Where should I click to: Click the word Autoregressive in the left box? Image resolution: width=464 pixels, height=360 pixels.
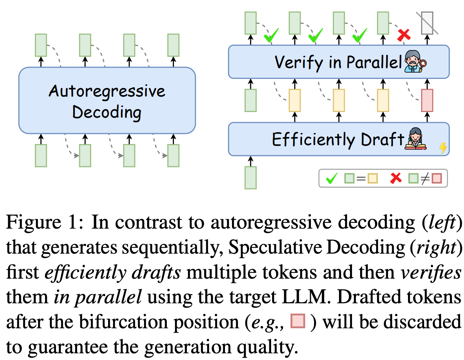pos(107,91)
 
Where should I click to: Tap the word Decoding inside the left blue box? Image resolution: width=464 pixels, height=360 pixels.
pos(107,112)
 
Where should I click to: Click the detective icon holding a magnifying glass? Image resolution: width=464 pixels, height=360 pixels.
pos(415,61)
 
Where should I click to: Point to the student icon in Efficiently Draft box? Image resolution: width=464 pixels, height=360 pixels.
pos(415,139)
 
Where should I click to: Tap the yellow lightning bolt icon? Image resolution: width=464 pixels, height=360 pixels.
pos(443,148)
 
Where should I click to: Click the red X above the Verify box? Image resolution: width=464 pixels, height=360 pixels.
pos(404,35)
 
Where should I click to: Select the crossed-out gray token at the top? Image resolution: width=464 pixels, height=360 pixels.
pos(427,23)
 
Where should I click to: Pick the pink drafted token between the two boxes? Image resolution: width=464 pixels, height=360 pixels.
pos(427,100)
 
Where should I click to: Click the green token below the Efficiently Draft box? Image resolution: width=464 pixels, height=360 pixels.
pos(250,178)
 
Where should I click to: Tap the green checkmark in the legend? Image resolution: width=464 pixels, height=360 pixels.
pos(332,178)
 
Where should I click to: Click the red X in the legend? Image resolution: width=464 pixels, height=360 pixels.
pos(396,178)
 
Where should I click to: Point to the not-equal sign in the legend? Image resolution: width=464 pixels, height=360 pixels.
pos(425,179)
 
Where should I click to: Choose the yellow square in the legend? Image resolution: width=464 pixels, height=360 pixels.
pos(372,179)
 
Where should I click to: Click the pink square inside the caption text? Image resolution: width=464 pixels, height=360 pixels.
pos(298,321)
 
